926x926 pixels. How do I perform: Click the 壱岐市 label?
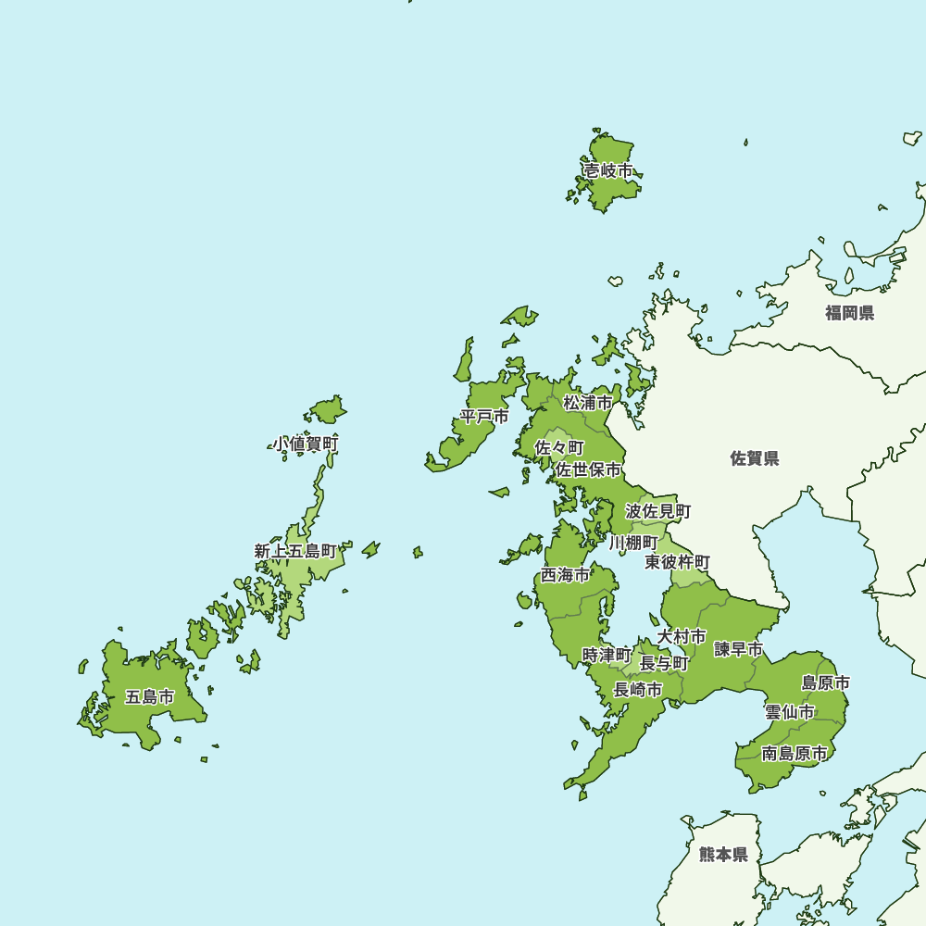(x=607, y=171)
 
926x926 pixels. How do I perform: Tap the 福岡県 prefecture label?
(x=849, y=313)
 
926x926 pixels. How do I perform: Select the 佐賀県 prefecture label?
(x=755, y=458)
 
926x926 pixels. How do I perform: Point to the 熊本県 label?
(x=723, y=854)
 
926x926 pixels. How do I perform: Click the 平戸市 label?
(x=484, y=417)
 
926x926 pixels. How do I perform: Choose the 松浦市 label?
(x=588, y=403)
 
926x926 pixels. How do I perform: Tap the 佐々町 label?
(x=559, y=447)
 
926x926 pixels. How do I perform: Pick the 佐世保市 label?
(x=588, y=470)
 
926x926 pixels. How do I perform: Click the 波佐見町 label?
(x=657, y=511)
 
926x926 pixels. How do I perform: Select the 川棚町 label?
(x=633, y=542)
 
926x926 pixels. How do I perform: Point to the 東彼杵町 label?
(x=678, y=562)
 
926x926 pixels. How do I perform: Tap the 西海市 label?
(x=565, y=575)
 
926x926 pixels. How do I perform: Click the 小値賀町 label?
(x=306, y=444)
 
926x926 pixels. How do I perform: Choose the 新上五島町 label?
(x=295, y=551)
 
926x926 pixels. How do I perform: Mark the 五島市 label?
(x=149, y=697)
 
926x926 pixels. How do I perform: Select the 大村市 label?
(x=682, y=637)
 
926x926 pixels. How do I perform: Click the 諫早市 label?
(x=738, y=649)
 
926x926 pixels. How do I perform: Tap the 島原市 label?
(x=825, y=683)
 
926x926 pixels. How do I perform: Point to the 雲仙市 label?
(x=790, y=712)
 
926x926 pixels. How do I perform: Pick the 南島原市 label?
(x=795, y=754)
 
